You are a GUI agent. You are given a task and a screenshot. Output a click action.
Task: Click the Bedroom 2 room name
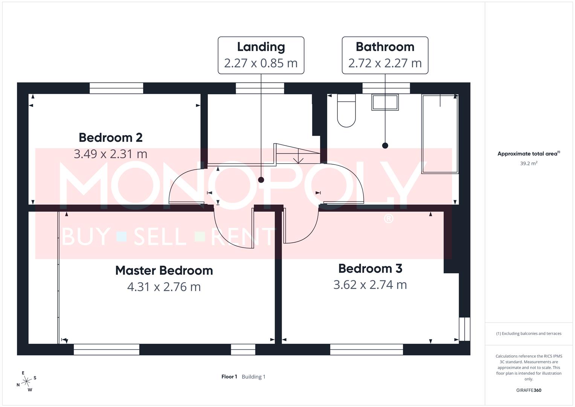110,138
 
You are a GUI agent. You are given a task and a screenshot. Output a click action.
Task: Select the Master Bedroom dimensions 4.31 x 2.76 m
164,287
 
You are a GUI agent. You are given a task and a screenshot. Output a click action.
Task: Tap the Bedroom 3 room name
370,269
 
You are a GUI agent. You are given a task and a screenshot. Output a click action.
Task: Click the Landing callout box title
261,47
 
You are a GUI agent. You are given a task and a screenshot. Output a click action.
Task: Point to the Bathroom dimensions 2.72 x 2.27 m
385,63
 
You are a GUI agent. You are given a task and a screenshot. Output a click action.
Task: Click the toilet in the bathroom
346,111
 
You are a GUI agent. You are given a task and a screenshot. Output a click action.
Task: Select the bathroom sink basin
385,103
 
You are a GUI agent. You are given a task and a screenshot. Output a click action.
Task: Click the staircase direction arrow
298,156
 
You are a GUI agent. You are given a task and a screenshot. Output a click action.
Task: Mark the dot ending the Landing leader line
261,180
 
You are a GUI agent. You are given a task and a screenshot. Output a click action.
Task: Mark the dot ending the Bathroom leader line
385,145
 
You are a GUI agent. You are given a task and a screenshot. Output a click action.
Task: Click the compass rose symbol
26,382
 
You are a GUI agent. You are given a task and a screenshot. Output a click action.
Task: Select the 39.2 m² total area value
528,164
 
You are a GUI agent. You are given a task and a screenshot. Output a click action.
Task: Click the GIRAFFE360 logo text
528,390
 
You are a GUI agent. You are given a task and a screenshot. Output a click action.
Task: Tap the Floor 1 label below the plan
229,376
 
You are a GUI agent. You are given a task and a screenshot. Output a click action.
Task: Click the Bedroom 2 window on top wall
116,88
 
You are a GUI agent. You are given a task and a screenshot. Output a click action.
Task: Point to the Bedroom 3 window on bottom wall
366,349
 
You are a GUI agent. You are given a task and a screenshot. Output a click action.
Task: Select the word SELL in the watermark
160,237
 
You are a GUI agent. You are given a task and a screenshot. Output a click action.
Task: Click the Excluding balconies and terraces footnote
528,334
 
